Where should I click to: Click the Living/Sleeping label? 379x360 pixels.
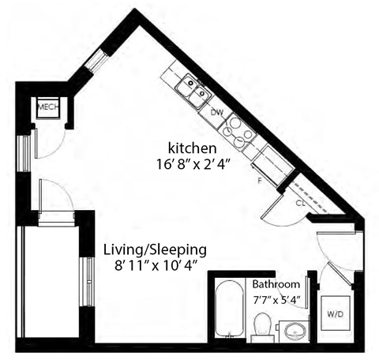(155, 249)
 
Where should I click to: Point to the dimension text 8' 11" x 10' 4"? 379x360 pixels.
(155, 266)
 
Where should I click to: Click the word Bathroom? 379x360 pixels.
(276, 284)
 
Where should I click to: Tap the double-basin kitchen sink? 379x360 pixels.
(193, 90)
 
